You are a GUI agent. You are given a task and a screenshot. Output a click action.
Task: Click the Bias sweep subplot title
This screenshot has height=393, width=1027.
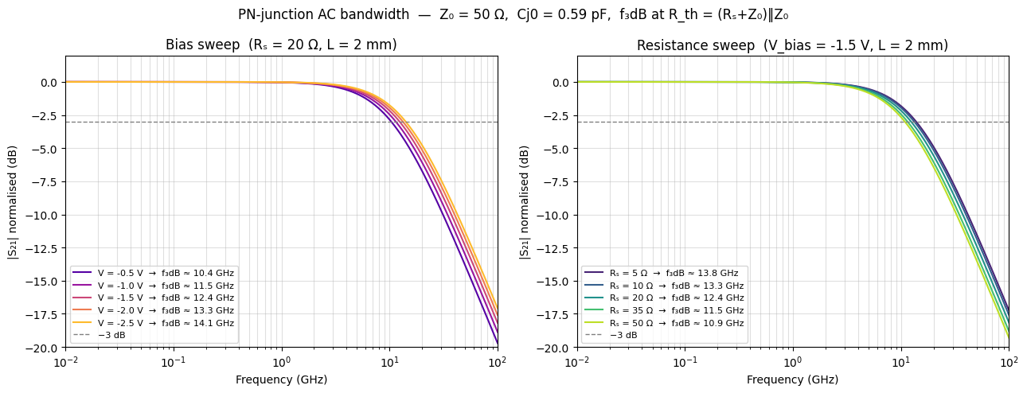pos(281,45)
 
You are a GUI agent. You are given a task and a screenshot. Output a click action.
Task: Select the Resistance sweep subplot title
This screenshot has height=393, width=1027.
pos(792,45)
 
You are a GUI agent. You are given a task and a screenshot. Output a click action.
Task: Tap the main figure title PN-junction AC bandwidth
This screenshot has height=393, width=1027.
pos(513,14)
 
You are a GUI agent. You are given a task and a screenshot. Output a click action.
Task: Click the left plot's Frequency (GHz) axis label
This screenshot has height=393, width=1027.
pos(281,379)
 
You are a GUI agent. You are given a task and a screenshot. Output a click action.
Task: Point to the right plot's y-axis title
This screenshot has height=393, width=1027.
pos(525,201)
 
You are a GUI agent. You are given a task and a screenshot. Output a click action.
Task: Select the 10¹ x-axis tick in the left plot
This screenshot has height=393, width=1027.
pos(389,360)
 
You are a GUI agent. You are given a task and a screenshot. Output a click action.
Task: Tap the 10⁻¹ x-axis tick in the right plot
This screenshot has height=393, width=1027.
pos(685,360)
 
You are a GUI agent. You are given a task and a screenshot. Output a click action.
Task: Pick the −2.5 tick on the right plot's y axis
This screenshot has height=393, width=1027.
pos(556,122)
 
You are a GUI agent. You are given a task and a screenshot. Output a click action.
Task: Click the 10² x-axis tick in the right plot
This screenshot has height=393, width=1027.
pos(1009,360)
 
